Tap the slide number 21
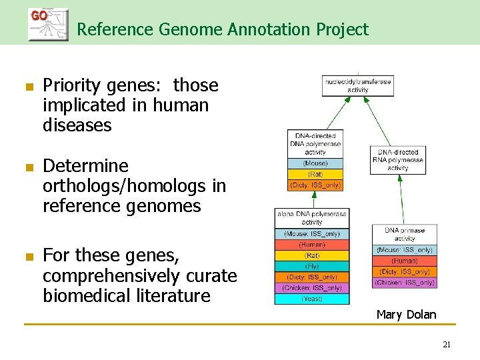coord(447,345)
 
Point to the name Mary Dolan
coord(406,314)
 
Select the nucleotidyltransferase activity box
coord(357,85)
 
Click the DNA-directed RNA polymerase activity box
coord(397,160)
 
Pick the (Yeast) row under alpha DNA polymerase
coord(312,299)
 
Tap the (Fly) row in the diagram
coord(312,266)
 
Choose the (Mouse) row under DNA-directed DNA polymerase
coord(315,163)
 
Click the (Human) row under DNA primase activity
coord(405,261)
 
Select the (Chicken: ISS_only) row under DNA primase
coord(405,283)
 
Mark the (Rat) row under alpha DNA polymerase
coord(312,255)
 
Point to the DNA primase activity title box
coord(405,235)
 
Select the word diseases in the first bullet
coord(77,125)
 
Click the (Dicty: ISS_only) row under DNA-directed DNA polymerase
coord(315,185)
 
